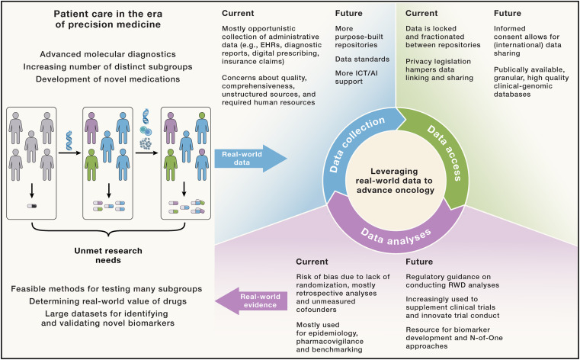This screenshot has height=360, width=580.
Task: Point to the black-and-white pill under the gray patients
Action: (x=31, y=207)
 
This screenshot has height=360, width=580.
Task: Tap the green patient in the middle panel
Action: (x=91, y=164)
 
